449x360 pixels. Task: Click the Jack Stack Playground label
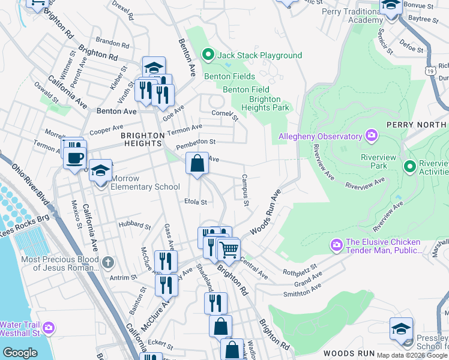point(259,56)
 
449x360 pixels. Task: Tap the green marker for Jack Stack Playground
point(208,55)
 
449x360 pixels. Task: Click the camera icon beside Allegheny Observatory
point(372,136)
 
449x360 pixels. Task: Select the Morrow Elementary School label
point(142,187)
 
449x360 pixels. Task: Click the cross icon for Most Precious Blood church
point(107,262)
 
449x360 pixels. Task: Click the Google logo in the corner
point(20,353)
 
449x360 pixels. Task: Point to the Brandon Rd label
point(112,44)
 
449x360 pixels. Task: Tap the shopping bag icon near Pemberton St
point(197,163)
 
